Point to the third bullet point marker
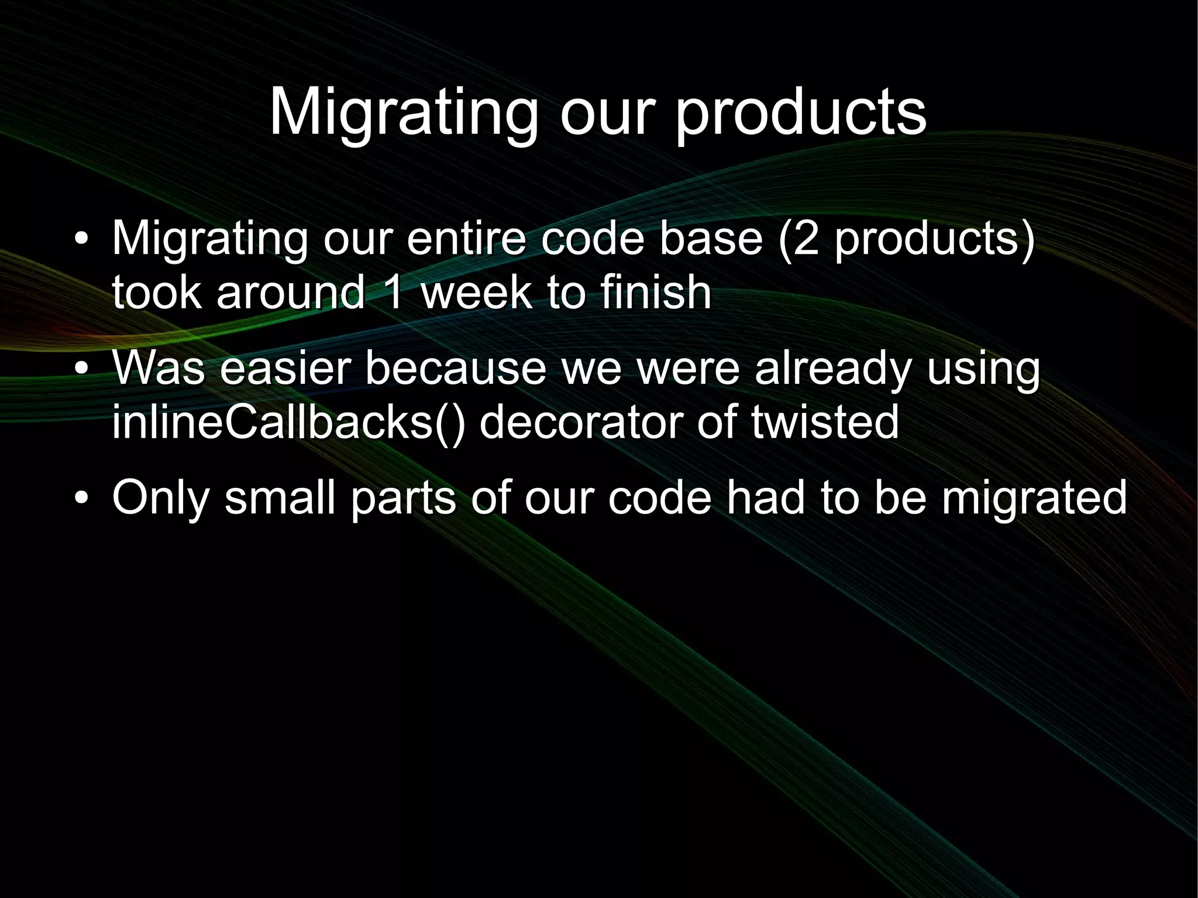tap(82, 498)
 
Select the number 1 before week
tap(393, 292)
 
